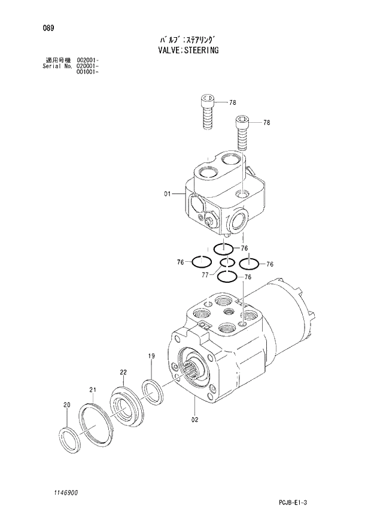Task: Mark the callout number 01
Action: click(x=168, y=194)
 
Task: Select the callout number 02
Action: click(x=194, y=419)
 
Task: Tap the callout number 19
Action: click(x=152, y=356)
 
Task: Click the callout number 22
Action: click(x=123, y=372)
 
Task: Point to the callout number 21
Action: click(x=93, y=390)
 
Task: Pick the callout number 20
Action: click(x=66, y=405)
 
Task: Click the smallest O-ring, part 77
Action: click(x=227, y=262)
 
